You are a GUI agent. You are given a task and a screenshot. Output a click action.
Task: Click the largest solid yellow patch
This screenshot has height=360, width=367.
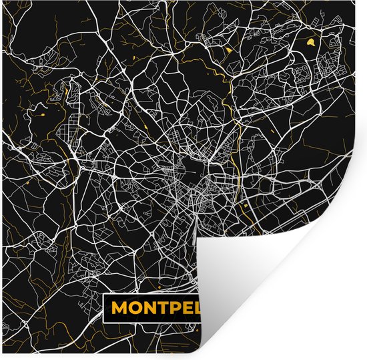click(x=311, y=43)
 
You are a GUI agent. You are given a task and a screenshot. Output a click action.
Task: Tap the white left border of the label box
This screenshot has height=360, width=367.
click(x=104, y=308)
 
